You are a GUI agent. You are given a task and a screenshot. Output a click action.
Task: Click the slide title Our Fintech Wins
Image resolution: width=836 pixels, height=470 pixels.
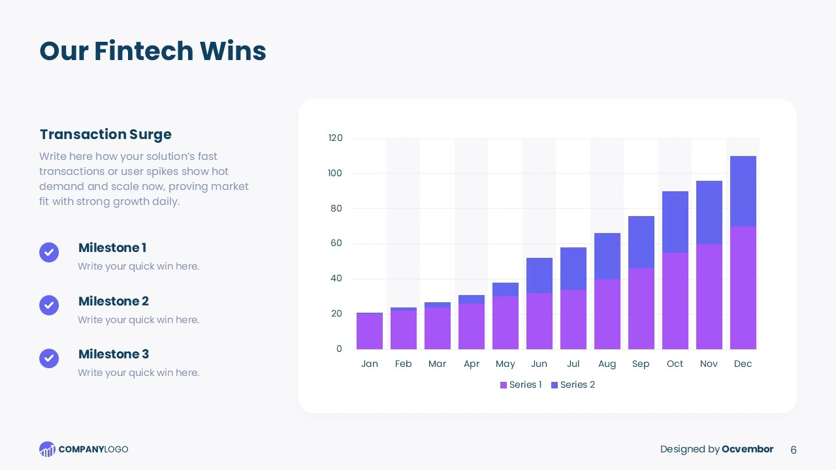[153, 51]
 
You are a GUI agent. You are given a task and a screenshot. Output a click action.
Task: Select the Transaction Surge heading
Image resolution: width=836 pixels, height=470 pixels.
[105, 134]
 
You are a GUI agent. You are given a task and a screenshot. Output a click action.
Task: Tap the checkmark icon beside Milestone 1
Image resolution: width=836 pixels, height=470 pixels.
[49, 252]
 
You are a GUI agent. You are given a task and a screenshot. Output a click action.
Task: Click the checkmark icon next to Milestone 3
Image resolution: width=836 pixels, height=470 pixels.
[49, 358]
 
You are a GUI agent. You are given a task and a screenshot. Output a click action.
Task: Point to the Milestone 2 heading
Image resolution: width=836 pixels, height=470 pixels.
[114, 301]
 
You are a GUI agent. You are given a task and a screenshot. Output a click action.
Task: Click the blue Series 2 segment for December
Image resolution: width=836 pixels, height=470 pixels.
[743, 191]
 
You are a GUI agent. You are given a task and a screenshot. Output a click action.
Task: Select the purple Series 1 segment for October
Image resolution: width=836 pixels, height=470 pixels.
[675, 301]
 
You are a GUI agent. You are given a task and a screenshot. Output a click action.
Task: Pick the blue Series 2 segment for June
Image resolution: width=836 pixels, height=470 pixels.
[539, 275]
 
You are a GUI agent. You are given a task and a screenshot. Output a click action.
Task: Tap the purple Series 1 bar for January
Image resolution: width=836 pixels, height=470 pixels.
[369, 332]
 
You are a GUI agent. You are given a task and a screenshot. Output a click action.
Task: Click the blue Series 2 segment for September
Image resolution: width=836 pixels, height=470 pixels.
[641, 242]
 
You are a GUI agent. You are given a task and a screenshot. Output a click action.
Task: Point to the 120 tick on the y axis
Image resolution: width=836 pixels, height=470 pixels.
[335, 138]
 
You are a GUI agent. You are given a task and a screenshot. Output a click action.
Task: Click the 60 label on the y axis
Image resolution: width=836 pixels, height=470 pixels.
[336, 243]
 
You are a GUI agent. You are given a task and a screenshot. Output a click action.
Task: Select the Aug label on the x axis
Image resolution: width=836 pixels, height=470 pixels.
[607, 364]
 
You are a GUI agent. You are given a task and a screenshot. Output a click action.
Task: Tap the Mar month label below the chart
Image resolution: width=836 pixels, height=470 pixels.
[437, 364]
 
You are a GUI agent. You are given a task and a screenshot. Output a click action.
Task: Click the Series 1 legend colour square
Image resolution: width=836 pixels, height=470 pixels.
[504, 385]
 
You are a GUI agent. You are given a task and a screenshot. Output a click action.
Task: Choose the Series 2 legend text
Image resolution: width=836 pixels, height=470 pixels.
[577, 384]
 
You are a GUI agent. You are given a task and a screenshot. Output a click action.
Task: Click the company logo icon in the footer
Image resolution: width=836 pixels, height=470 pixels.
[47, 449]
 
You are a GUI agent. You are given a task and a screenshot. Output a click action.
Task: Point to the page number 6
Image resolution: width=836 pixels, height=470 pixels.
[794, 450]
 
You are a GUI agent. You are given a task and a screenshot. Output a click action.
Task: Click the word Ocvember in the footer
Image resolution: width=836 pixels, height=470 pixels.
[747, 449]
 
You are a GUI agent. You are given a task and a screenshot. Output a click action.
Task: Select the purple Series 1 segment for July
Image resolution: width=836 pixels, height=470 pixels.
[573, 319]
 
